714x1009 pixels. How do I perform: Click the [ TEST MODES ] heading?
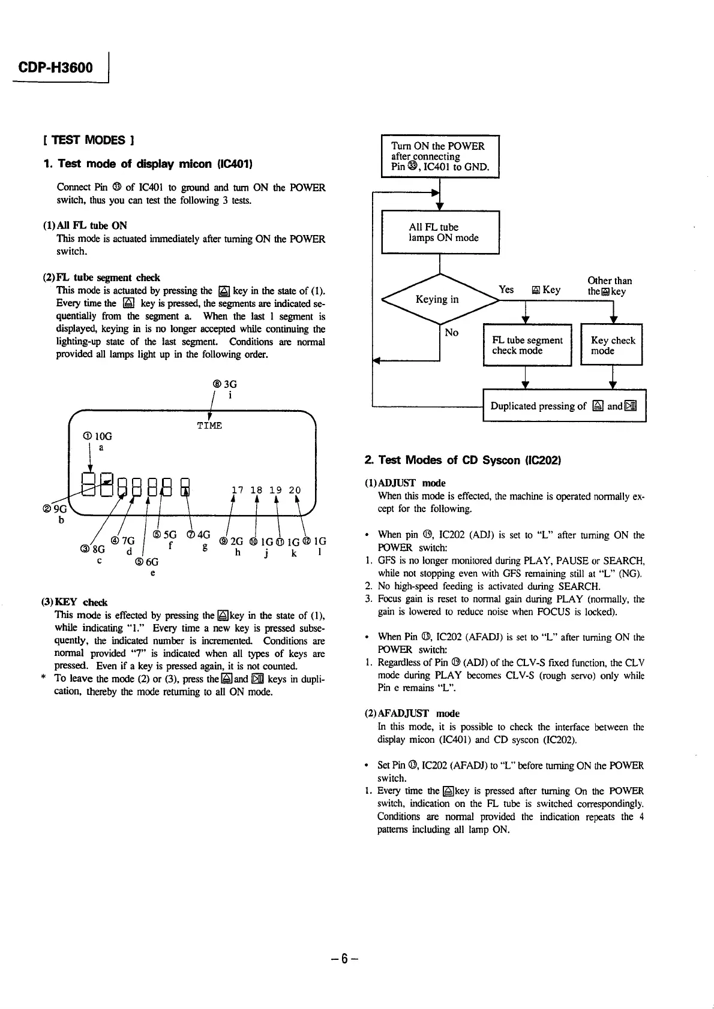(88, 140)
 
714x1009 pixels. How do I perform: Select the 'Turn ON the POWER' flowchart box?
(440, 156)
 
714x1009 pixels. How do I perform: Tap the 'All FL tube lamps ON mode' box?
(440, 233)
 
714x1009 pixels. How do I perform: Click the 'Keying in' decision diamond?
(440, 299)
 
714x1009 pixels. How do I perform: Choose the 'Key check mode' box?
(612, 345)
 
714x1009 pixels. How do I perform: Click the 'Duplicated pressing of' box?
(564, 406)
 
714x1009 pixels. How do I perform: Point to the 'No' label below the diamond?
(452, 332)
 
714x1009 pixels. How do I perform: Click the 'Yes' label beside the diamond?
(506, 290)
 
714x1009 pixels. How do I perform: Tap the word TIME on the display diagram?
(209, 425)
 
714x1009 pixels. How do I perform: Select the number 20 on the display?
(295, 490)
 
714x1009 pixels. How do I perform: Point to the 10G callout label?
(97, 436)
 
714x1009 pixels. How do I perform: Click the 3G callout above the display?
(224, 384)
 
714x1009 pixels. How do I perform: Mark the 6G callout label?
(147, 562)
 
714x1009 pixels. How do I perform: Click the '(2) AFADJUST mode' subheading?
(412, 713)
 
